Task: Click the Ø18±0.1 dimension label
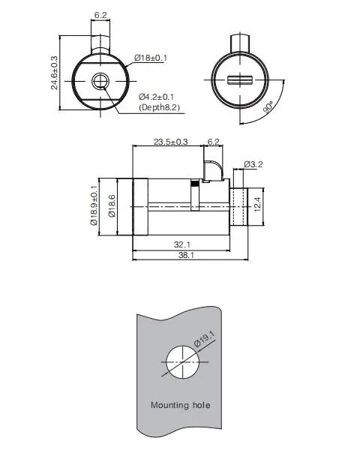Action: pos(152,58)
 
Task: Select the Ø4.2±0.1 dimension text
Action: pos(157,97)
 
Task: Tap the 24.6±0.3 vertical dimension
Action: pos(54,72)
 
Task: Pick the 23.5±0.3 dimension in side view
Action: pos(171,141)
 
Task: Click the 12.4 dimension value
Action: pos(257,204)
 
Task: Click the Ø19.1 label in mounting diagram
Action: pos(205,340)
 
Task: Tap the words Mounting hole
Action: pos(180,406)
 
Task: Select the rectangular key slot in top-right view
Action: pos(241,80)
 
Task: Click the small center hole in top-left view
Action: pos(99,81)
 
